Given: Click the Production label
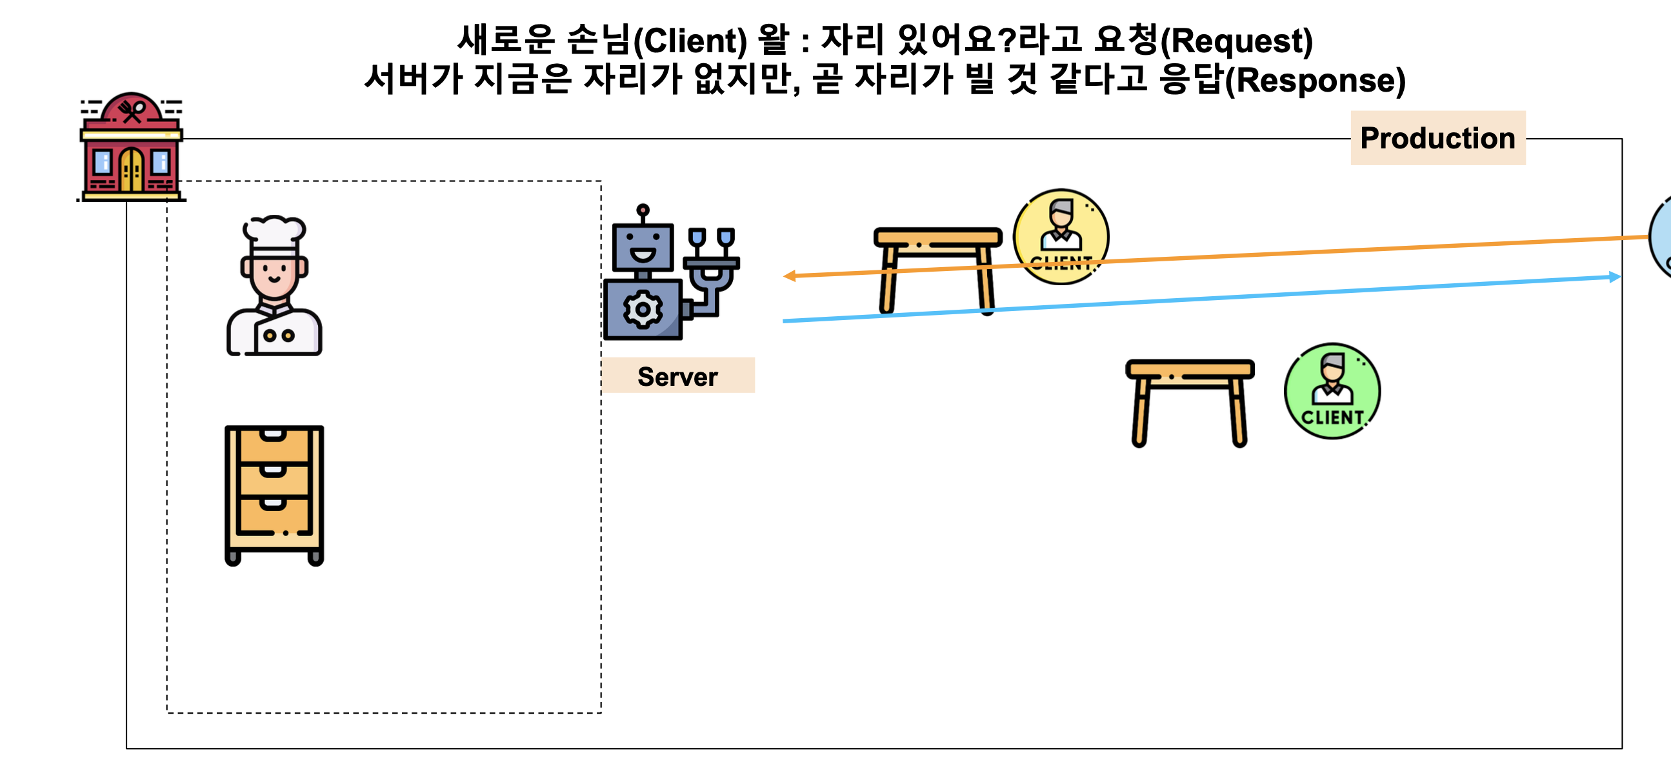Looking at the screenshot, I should (x=1437, y=138).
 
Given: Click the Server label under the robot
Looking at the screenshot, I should (x=677, y=376).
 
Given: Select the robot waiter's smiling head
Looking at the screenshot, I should (x=642, y=246).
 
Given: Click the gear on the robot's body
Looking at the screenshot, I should (x=642, y=309).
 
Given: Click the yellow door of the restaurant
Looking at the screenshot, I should (x=132, y=170).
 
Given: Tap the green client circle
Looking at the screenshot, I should (x=1332, y=391).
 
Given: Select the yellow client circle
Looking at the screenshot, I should (x=1061, y=237).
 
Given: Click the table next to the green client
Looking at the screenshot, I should (x=1189, y=399).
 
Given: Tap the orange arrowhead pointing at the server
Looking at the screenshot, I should (x=790, y=276).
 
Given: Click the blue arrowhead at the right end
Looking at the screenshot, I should (x=1615, y=277).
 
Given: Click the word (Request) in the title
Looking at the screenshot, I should (x=1236, y=41).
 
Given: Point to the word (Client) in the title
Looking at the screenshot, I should (x=690, y=41).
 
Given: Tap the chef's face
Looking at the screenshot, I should (x=274, y=272).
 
